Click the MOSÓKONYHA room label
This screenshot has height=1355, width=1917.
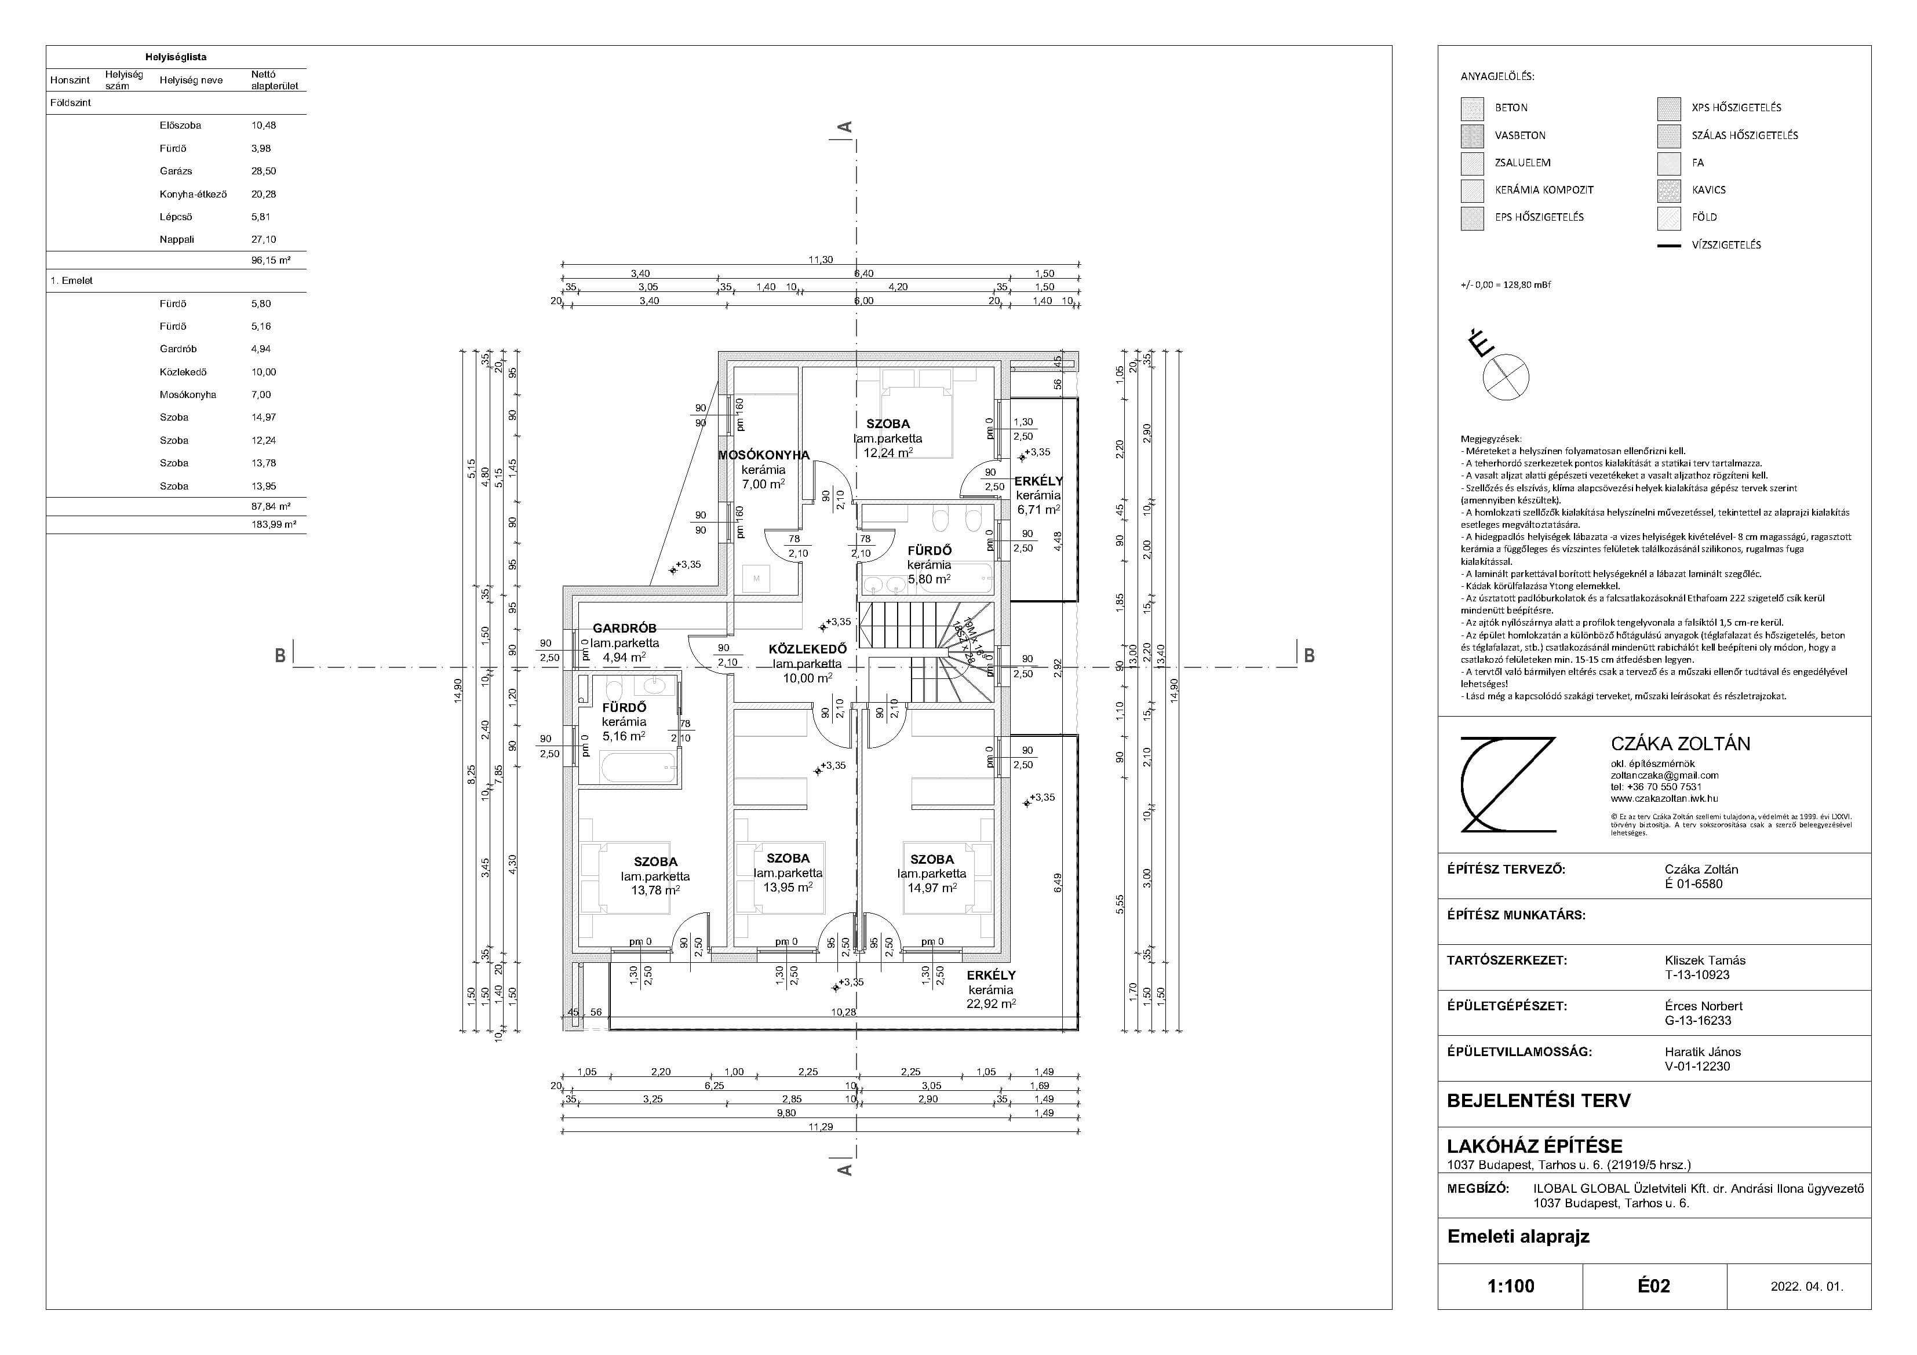point(764,455)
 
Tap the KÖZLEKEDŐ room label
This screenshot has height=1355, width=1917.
point(807,649)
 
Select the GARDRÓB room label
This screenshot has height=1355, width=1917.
point(625,628)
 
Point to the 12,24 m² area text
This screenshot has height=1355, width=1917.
point(888,452)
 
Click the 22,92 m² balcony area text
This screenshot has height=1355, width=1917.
point(991,1003)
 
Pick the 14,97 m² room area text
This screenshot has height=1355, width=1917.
point(932,887)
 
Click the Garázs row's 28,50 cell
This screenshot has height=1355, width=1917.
point(264,171)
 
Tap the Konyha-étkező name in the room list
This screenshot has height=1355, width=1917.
point(193,193)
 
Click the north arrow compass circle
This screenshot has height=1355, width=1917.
point(1506,377)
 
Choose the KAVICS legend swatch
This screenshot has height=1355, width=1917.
point(1669,191)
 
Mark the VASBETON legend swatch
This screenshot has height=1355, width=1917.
point(1472,135)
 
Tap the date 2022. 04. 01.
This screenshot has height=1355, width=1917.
point(1807,1287)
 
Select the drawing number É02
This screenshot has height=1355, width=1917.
point(1653,1285)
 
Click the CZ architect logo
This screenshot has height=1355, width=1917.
point(1508,785)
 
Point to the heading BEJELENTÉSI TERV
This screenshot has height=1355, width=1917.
point(1538,1100)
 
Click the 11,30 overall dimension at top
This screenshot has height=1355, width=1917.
point(820,260)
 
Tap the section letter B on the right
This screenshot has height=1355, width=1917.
point(1309,656)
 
